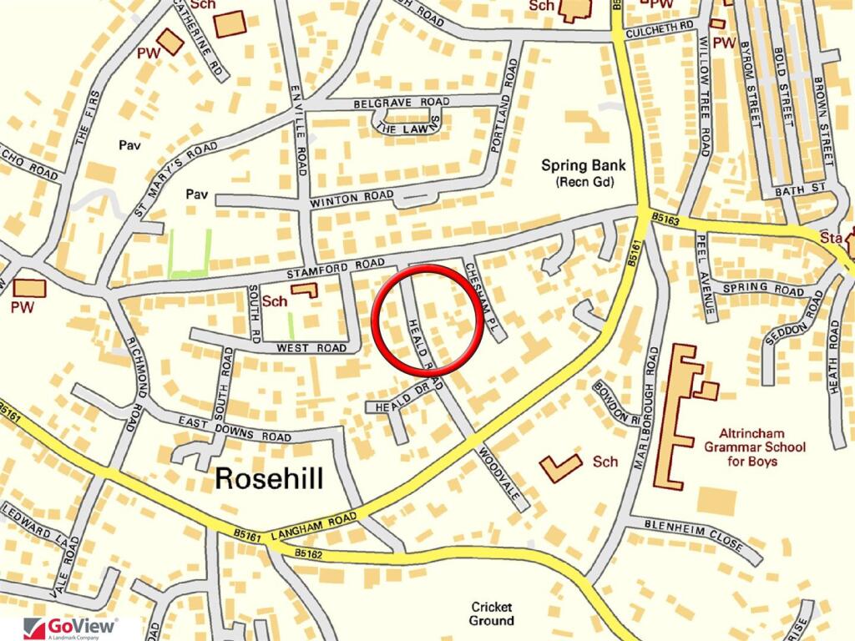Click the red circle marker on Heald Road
(427, 319)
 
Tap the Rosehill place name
(269, 478)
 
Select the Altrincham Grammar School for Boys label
(761, 447)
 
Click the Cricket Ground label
(491, 613)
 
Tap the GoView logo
(71, 627)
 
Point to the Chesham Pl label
(483, 299)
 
